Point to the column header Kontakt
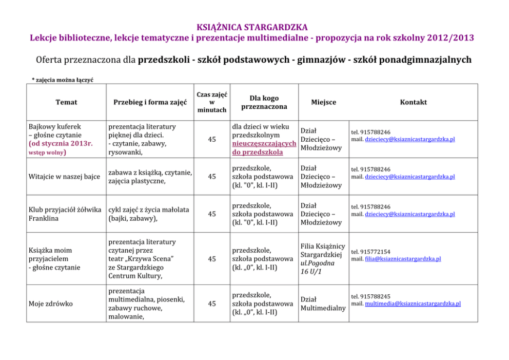[x=413, y=102]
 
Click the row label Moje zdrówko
[x=50, y=304]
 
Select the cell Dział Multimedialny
[x=323, y=304]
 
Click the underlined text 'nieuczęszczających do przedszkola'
[x=264, y=148]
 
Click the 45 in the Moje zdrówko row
[x=211, y=304]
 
